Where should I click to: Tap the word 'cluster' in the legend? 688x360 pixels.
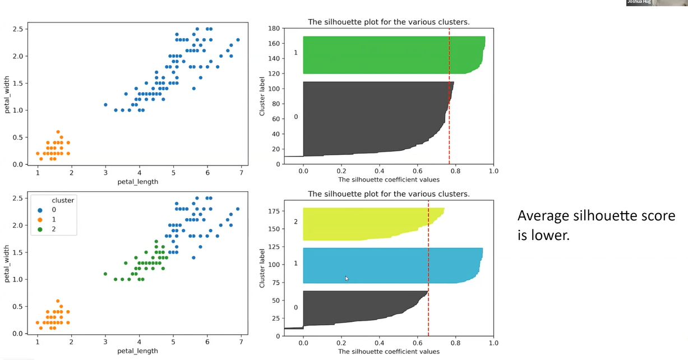coord(63,200)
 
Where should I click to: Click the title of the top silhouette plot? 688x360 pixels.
coord(389,22)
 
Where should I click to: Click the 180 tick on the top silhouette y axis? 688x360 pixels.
coord(274,28)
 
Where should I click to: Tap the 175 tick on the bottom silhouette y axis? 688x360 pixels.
coord(274,211)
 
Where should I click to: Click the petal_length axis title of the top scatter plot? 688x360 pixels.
coord(137,182)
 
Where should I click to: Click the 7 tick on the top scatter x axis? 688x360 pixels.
coord(241,172)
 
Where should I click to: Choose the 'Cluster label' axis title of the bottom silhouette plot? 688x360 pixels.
coord(262,267)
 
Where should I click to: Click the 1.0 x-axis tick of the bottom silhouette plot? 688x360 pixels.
coord(493,343)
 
